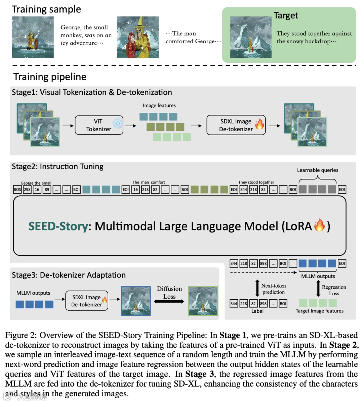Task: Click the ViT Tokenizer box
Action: (99, 125)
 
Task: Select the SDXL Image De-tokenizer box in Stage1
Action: (236, 125)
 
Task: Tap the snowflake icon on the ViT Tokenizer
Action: (118, 123)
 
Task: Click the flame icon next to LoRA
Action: (319, 225)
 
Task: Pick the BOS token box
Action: (17, 190)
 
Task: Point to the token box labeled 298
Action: (27, 190)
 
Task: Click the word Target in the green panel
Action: (286, 16)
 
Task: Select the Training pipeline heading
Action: (50, 77)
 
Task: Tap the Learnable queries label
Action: (318, 170)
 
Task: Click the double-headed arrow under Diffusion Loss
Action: (169, 302)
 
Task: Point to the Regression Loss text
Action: (334, 290)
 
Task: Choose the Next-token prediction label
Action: (274, 289)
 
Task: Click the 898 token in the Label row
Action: (263, 304)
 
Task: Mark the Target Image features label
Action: (319, 311)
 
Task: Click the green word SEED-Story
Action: (58, 226)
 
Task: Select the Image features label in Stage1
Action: (159, 105)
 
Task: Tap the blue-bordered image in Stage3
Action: (136, 301)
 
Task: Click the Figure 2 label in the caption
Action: (21, 335)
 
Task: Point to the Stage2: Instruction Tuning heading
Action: (57, 166)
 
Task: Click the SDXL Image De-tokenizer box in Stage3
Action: (86, 301)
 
